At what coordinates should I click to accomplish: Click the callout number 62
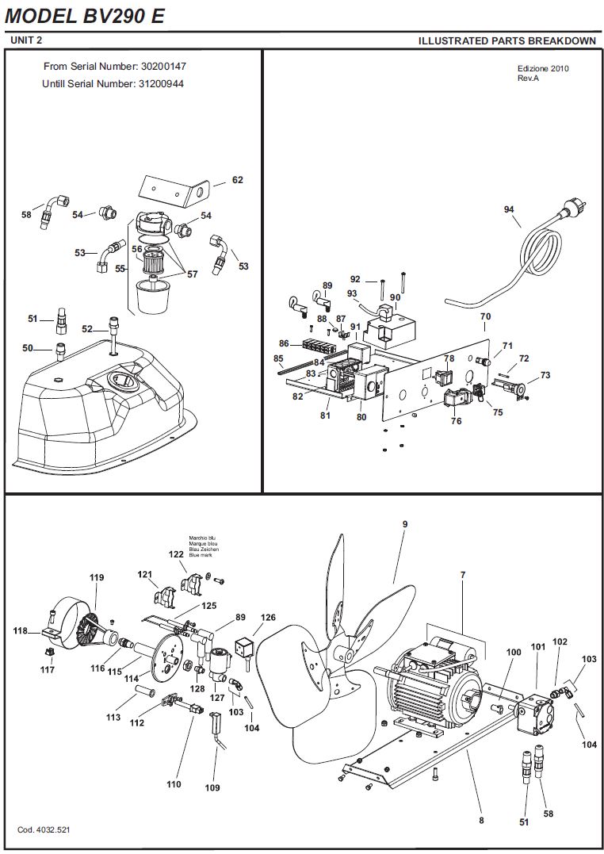pos(238,180)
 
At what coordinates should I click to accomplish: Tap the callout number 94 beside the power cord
pos(509,209)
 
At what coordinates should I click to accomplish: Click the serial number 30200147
pos(163,67)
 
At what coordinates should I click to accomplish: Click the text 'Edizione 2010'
pos(543,69)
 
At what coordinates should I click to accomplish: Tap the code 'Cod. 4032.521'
pos(44,829)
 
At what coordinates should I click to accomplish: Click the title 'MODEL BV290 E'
pos(85,17)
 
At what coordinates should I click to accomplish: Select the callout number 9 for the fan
pos(405,524)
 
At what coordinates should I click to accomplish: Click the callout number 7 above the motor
pos(463,575)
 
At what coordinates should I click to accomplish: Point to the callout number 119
pos(97,577)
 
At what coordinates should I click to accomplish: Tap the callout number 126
pos(268,618)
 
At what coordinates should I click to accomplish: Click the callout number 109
pos(212,787)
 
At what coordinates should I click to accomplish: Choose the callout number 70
pos(485,316)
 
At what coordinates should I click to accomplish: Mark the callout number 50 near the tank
pos(28,348)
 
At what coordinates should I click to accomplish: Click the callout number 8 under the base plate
pos(481,820)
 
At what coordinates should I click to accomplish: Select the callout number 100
pos(514,652)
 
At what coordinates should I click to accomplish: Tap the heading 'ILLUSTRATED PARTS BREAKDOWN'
pos(507,41)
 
